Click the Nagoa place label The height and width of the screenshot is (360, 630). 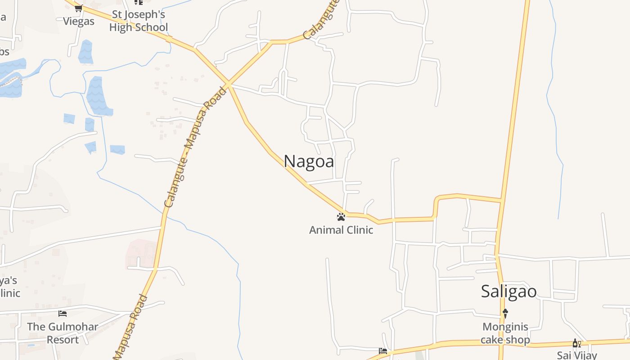[309, 161]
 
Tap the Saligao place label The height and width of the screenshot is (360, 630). [508, 291]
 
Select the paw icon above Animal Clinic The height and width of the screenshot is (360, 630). [341, 217]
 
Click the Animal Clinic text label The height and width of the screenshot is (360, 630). [341, 230]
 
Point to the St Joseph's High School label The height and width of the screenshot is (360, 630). [138, 21]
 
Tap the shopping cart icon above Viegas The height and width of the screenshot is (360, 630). [79, 8]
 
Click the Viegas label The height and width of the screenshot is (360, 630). [79, 21]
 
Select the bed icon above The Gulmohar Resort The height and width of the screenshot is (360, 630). [63, 313]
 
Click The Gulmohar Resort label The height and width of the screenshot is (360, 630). [63, 333]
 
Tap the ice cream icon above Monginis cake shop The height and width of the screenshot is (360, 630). [505, 313]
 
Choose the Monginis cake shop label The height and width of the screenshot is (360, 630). [505, 333]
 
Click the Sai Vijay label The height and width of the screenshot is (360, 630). [577, 355]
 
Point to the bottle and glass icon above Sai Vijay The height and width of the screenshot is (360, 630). [576, 343]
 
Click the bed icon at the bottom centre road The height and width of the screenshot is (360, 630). [383, 351]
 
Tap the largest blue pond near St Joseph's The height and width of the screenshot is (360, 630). [98, 96]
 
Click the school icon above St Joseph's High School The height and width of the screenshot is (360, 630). [138, 2]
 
